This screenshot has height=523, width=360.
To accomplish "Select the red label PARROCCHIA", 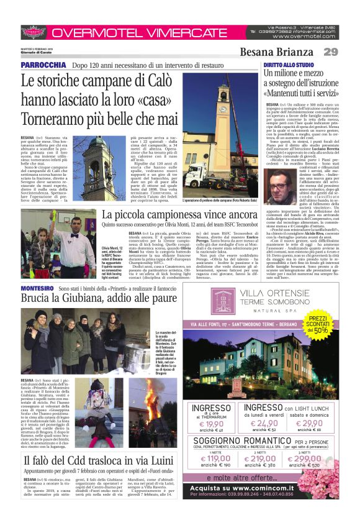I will click(x=40, y=65).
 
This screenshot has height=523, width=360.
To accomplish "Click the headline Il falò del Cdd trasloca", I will click(x=98, y=460).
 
